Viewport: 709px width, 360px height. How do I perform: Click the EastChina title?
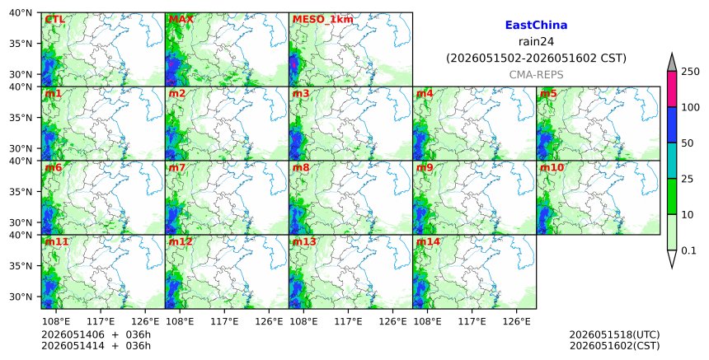tap(536, 26)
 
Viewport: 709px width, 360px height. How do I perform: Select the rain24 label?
tap(536, 41)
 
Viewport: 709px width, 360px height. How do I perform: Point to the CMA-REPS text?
tap(536, 75)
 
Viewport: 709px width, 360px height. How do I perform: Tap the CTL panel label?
tap(54, 20)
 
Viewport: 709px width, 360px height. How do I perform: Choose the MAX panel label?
tap(181, 20)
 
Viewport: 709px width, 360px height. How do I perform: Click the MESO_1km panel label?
tap(323, 20)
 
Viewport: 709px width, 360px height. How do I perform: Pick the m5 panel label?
tap(548, 93)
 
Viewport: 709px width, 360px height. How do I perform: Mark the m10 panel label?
tap(552, 167)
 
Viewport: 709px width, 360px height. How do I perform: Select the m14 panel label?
tap(428, 241)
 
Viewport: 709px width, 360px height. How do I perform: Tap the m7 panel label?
tap(176, 167)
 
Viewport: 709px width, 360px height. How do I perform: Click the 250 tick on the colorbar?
tap(691, 72)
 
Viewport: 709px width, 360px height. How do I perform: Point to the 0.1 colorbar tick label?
tap(688, 250)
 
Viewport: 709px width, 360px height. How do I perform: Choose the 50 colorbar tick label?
tap(688, 143)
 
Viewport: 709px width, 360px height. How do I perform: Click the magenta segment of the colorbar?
tap(671, 89)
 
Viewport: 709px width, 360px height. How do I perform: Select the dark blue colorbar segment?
tap(671, 125)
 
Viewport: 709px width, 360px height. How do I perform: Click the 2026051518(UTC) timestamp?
tap(614, 334)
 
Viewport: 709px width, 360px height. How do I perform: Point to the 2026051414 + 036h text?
tap(96, 345)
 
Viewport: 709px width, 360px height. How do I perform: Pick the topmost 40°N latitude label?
tap(21, 12)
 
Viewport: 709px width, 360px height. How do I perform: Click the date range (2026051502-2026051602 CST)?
tap(536, 58)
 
